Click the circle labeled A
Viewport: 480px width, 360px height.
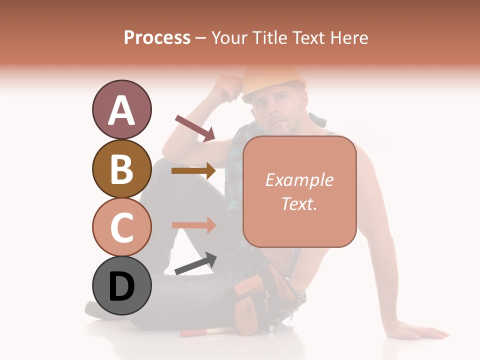tap(121, 109)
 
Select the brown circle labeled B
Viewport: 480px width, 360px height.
tap(121, 168)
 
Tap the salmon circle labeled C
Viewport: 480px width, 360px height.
tap(121, 227)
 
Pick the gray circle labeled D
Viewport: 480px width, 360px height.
tap(121, 285)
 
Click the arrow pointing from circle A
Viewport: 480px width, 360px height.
tap(195, 128)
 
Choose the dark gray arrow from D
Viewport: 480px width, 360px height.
tap(195, 263)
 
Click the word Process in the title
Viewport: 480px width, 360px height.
tap(157, 37)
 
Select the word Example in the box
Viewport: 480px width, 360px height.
tap(299, 180)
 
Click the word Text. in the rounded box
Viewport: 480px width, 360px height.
tap(299, 203)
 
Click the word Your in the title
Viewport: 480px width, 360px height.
tap(228, 37)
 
